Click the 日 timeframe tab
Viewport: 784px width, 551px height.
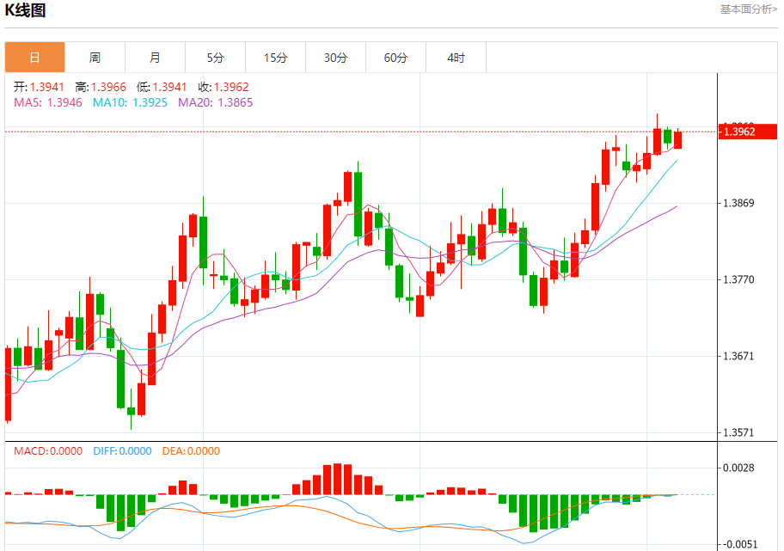pos(34,58)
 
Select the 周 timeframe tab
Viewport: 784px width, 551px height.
pos(95,58)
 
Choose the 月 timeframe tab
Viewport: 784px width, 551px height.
pos(155,58)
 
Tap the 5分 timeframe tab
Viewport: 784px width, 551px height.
pos(215,58)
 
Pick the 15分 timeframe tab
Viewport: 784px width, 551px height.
pos(275,58)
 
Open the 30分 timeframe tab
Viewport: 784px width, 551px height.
pos(335,58)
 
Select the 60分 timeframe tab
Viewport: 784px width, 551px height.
pos(395,58)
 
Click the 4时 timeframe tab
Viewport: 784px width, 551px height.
pos(456,58)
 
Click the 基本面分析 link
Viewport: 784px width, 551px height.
pos(749,9)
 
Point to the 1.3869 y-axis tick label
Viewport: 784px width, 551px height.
pos(738,203)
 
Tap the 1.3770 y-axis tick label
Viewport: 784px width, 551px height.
pos(738,279)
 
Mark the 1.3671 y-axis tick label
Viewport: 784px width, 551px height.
pos(738,356)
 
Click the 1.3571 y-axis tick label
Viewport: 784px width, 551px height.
pos(738,432)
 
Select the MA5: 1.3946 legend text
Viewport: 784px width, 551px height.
pos(47,102)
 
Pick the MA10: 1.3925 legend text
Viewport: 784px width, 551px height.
pos(130,102)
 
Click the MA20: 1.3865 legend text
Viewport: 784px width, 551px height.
pos(215,102)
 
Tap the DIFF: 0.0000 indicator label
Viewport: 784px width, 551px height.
pos(121,451)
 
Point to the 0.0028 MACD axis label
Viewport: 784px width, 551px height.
pos(738,468)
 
